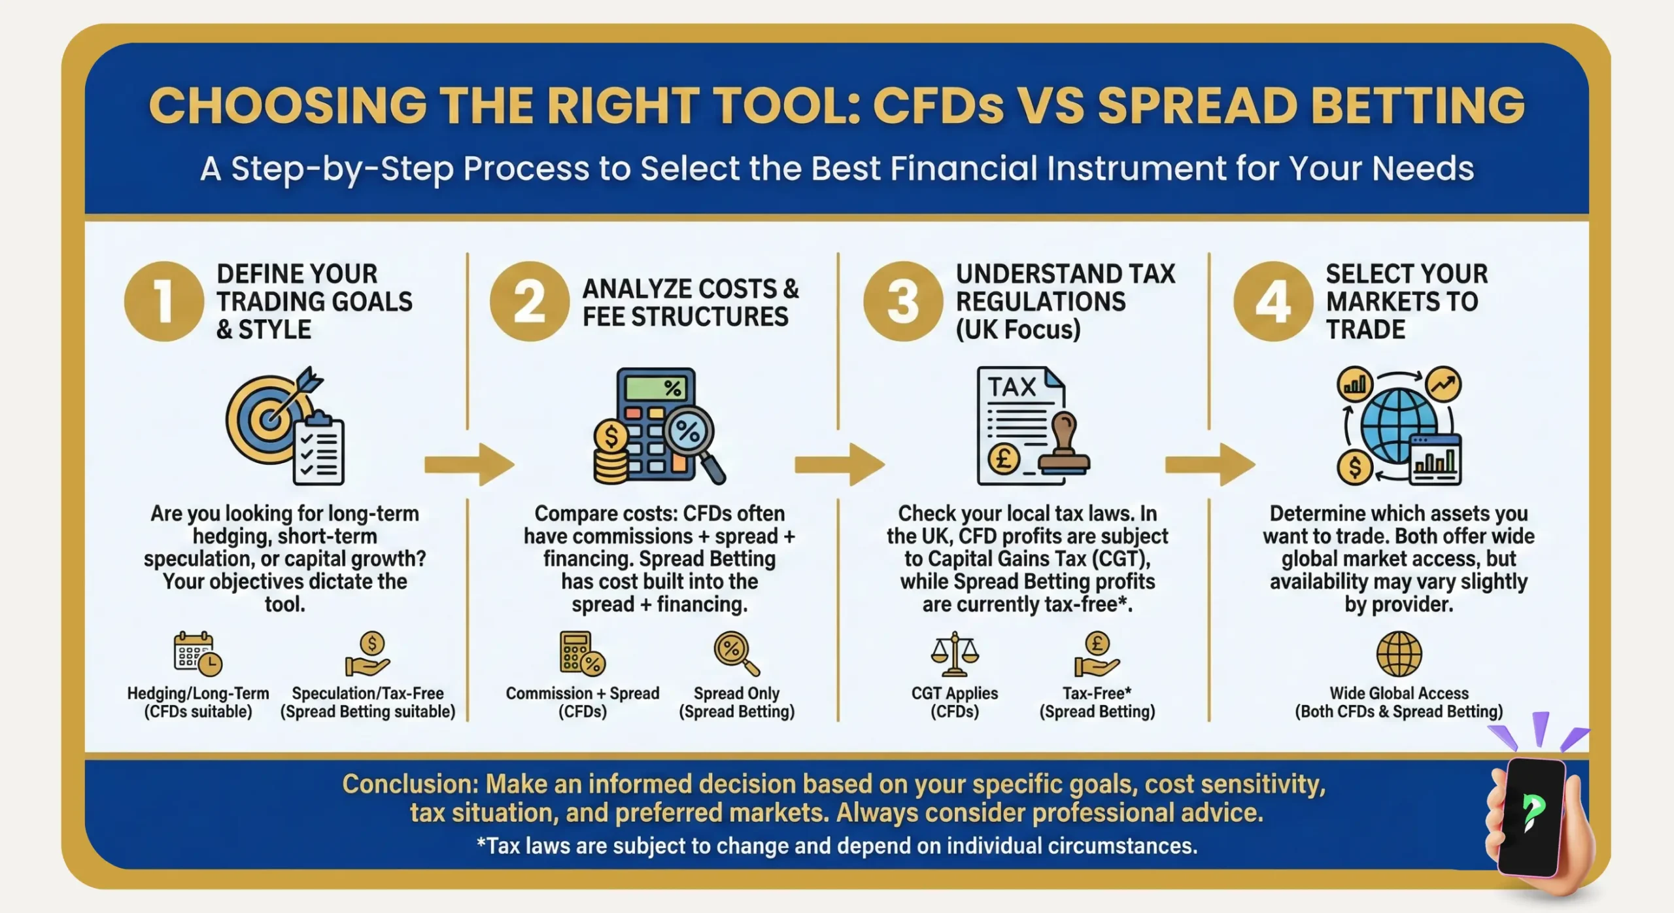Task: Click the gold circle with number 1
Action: pos(163,301)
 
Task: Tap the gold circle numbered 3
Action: pos(903,301)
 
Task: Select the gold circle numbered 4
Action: pos(1273,301)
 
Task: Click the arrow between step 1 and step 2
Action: pos(469,465)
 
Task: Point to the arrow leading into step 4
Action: pos(1210,465)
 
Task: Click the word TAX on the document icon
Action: pos(1012,387)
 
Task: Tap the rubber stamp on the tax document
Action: pos(1065,448)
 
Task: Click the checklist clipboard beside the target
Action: pos(318,451)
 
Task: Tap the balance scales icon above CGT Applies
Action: pos(955,654)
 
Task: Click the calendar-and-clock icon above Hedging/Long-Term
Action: pos(197,654)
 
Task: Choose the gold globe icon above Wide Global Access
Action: pos(1399,654)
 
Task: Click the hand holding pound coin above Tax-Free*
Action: pos(1097,654)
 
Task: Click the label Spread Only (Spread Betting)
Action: pos(736,702)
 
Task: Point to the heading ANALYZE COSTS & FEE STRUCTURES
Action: pos(690,303)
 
